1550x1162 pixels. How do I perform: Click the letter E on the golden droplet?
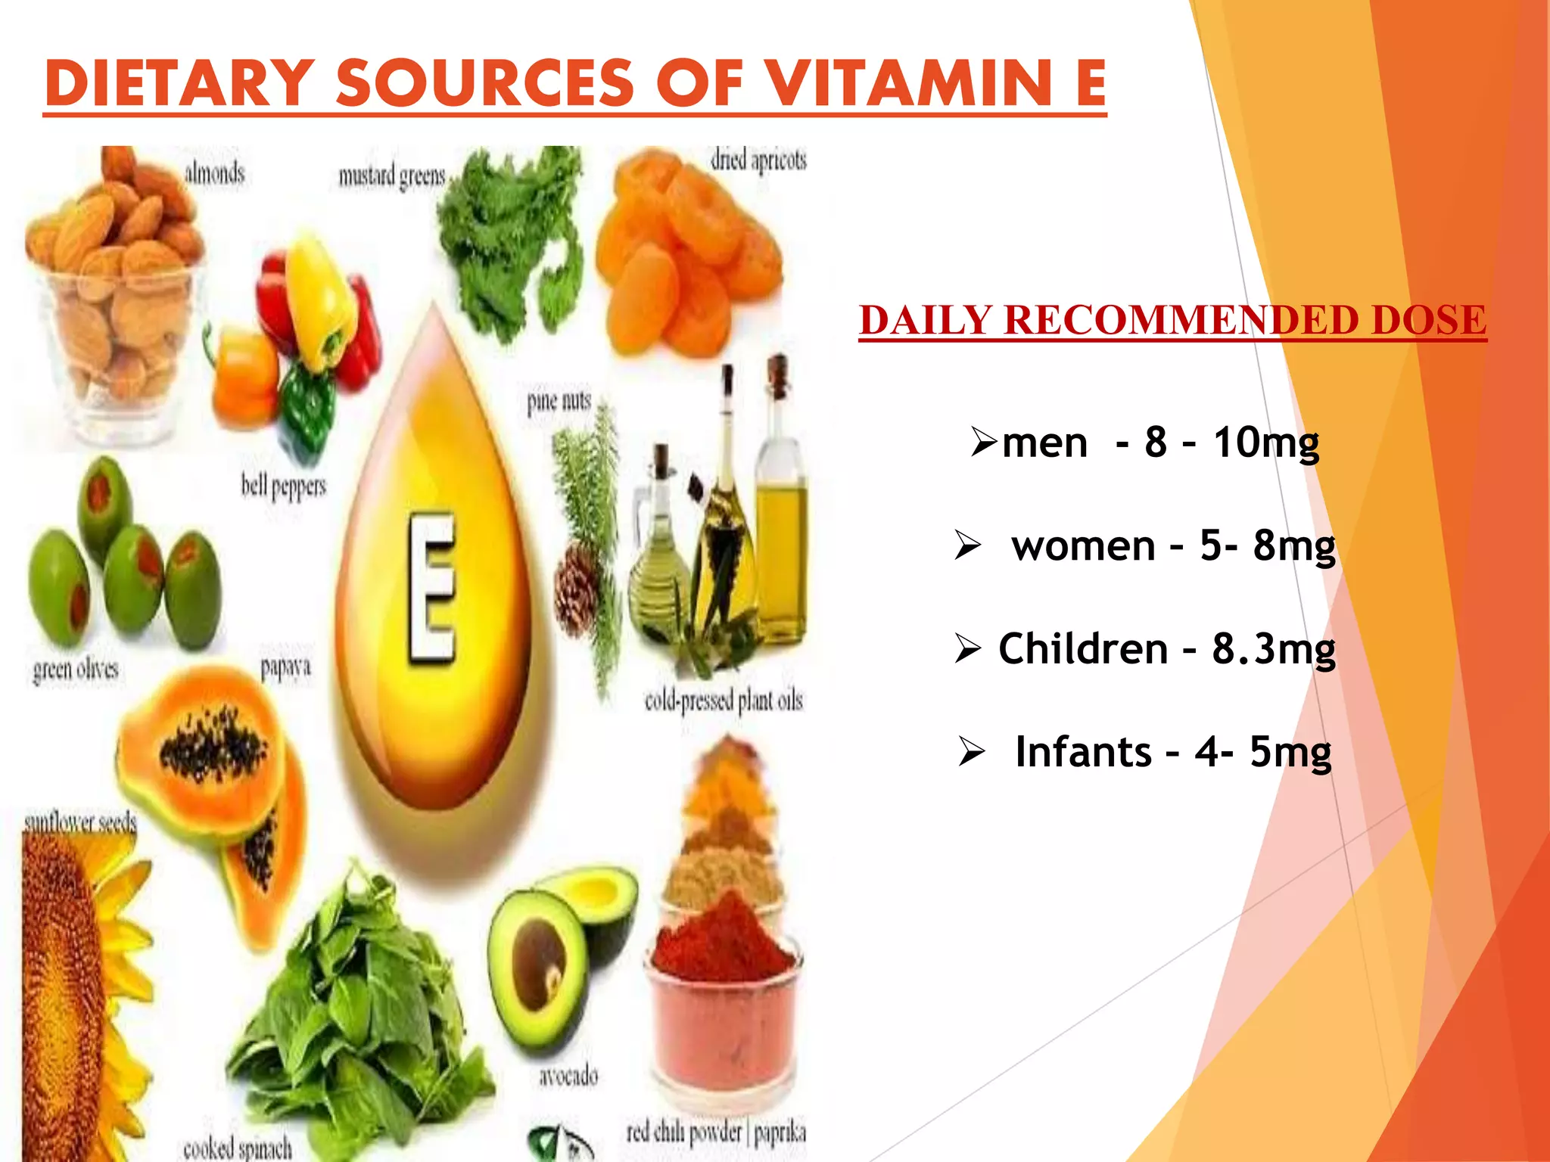pos(432,589)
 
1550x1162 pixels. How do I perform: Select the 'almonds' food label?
pos(215,173)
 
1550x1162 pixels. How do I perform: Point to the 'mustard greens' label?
pos(391,176)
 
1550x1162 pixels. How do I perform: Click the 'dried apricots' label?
pos(758,160)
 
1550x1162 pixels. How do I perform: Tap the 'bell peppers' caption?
pos(284,486)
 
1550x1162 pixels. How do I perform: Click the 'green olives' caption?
pos(76,670)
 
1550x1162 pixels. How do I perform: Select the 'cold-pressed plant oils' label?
pos(724,701)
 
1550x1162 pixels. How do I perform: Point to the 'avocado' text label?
pos(568,1075)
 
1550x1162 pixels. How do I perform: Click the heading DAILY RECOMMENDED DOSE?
pos(1172,320)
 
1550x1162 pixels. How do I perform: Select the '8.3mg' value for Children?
pos(1274,649)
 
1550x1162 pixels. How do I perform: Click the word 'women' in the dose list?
pos(1083,545)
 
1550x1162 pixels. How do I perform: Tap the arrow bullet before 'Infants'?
pos(971,752)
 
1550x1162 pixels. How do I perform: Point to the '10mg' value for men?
pos(1266,443)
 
